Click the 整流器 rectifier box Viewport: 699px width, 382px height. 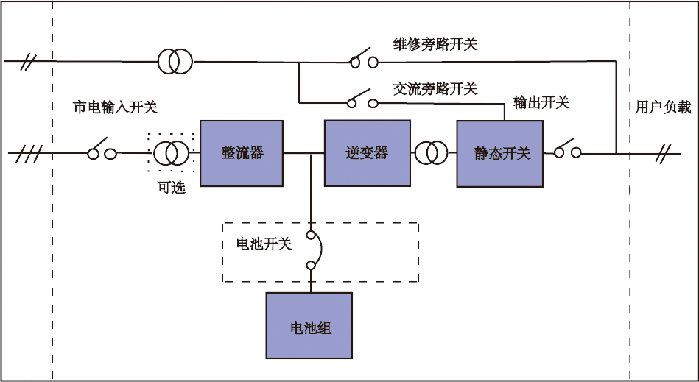click(x=242, y=153)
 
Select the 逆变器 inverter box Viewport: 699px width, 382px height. click(x=367, y=153)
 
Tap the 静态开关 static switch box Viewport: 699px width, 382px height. click(x=499, y=153)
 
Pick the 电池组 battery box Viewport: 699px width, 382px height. click(x=309, y=326)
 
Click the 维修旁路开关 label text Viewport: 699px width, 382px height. click(x=436, y=44)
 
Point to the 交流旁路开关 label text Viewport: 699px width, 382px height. click(x=436, y=89)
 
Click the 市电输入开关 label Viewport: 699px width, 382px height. click(x=115, y=107)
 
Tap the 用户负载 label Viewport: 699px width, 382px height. click(x=664, y=107)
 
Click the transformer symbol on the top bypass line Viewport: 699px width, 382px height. click(x=175, y=61)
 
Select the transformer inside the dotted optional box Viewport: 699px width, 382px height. click(x=171, y=153)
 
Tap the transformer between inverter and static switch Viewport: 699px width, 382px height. click(x=431, y=153)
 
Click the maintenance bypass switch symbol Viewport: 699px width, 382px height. click(x=363, y=59)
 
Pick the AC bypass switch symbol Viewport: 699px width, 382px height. click(x=363, y=97)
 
